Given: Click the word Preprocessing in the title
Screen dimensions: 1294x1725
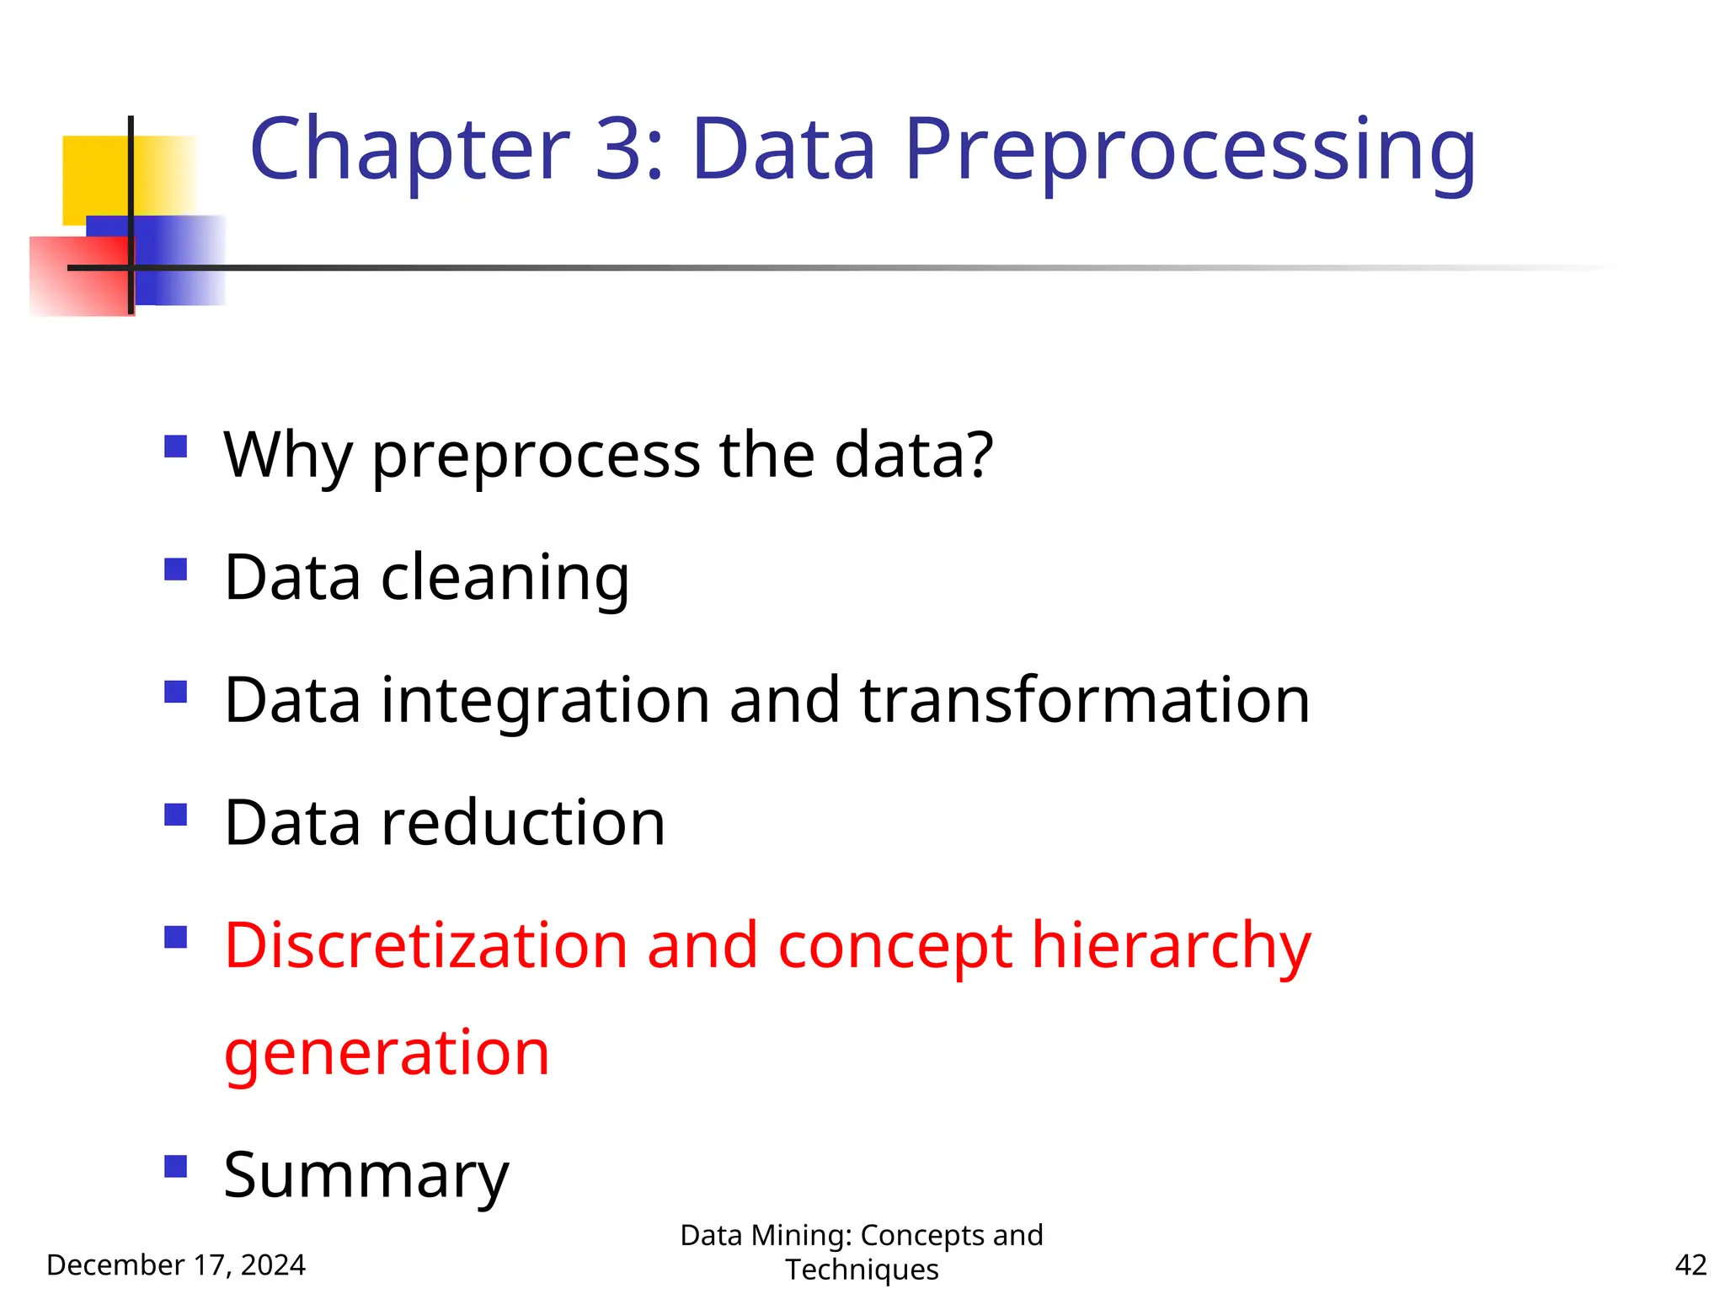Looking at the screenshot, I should pyautogui.click(x=1189, y=152).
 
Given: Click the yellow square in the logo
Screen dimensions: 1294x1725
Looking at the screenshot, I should pyautogui.click(x=94, y=177).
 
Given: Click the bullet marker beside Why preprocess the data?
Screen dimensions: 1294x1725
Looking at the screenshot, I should pyautogui.click(x=175, y=446).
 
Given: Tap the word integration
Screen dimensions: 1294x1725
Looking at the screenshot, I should pyautogui.click(x=545, y=700).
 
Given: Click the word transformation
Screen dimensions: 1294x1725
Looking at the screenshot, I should pyautogui.click(x=1085, y=700).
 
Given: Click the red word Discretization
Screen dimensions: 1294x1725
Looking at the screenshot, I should pyautogui.click(x=425, y=945).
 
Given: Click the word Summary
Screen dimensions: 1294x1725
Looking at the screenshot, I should pyautogui.click(x=366, y=1175).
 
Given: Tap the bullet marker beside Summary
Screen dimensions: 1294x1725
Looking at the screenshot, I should pyautogui.click(x=175, y=1167).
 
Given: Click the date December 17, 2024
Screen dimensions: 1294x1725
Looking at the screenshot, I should pyautogui.click(x=175, y=1265).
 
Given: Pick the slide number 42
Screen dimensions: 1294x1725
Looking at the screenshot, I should pyautogui.click(x=1690, y=1265).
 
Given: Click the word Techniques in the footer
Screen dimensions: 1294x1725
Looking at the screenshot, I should pyautogui.click(x=862, y=1270).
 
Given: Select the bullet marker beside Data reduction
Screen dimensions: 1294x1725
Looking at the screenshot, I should pyautogui.click(x=175, y=815).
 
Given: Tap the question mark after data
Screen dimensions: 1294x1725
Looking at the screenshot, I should pyautogui.click(x=977, y=455).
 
